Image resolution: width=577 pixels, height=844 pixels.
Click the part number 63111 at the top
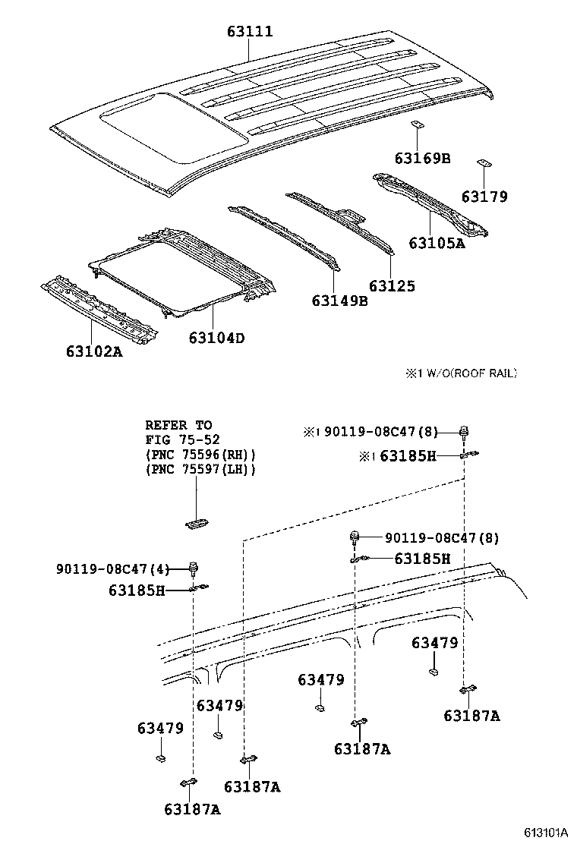point(249,32)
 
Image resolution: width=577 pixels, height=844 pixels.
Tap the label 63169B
point(422,158)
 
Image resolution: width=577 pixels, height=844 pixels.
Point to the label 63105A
point(436,243)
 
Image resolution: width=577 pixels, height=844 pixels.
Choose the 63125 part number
point(392,286)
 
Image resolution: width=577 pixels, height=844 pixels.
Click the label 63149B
point(339,301)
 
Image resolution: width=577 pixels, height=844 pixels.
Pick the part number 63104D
point(216,338)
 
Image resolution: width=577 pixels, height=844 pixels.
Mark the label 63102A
point(93,351)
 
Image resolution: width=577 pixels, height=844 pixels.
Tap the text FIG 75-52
point(179,439)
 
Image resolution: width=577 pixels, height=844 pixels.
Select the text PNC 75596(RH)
point(200,454)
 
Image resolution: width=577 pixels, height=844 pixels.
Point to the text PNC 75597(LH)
point(200,469)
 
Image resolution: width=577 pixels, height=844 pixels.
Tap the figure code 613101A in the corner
point(544,832)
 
